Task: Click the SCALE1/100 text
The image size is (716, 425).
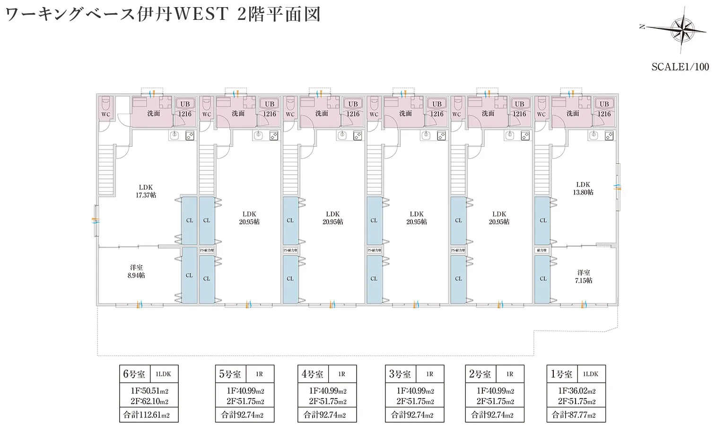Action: (x=680, y=67)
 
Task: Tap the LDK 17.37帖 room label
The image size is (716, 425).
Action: (x=146, y=191)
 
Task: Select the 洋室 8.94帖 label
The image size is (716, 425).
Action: (x=136, y=271)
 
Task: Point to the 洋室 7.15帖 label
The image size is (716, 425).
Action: (x=584, y=276)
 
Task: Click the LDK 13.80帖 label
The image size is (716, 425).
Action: (x=583, y=188)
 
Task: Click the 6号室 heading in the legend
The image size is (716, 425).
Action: (x=134, y=374)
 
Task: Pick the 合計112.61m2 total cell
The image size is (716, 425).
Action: (x=147, y=415)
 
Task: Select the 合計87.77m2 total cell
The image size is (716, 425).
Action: (x=574, y=415)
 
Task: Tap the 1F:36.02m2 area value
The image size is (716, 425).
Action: (x=577, y=391)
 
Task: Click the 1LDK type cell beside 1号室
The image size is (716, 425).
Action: (x=591, y=374)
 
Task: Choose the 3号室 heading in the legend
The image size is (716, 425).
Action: (x=400, y=374)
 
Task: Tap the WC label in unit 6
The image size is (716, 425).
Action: (x=106, y=114)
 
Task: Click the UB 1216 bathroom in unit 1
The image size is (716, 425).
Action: (x=604, y=109)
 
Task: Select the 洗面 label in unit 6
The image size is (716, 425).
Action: (x=154, y=114)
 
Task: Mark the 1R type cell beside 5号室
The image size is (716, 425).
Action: (x=259, y=374)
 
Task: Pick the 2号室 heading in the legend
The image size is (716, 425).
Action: (x=480, y=374)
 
